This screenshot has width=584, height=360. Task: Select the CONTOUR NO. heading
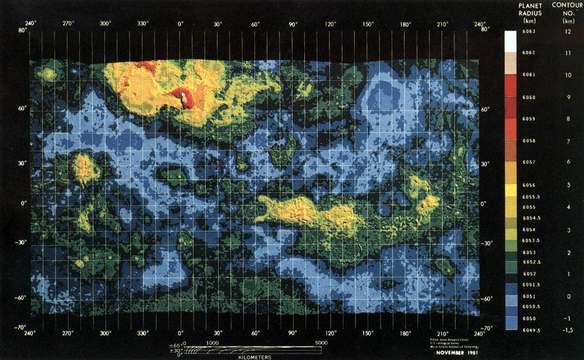[567, 9]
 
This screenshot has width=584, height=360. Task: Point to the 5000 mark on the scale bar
[321, 342]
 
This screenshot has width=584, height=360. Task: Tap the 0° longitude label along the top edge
[181, 24]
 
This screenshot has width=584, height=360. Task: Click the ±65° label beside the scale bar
[176, 344]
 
